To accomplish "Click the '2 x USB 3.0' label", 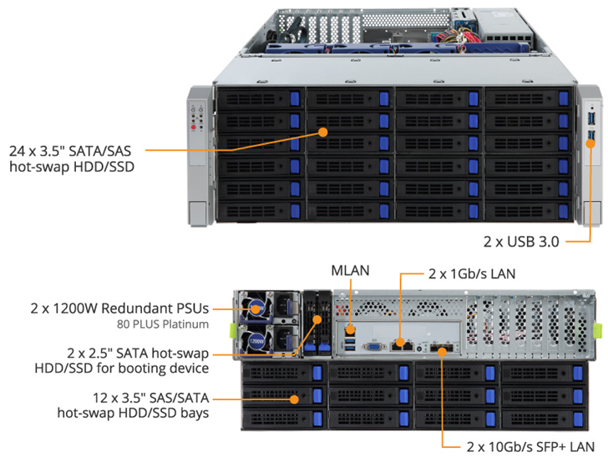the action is [521, 242].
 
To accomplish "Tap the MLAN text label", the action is [350, 271].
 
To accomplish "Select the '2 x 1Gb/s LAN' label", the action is [472, 274].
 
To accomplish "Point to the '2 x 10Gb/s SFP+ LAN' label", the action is [530, 446].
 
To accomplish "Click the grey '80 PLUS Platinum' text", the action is [163, 324].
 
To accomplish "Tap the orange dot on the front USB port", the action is [590, 143].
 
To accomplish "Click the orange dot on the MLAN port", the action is [351, 330].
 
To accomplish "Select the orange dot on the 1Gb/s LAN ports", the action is [400, 343].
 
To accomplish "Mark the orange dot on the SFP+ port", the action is [442, 352].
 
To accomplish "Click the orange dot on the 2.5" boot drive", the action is [317, 319].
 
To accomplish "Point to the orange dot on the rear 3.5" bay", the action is [295, 399].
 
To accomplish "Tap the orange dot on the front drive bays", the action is [322, 132].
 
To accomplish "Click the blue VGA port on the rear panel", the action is [374, 346].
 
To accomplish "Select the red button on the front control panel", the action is [194, 127].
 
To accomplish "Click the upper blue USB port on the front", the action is [591, 118].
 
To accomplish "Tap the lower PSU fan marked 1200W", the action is [256, 341].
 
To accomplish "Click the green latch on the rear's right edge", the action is [598, 331].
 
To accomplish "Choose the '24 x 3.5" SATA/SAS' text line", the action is [70, 151].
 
